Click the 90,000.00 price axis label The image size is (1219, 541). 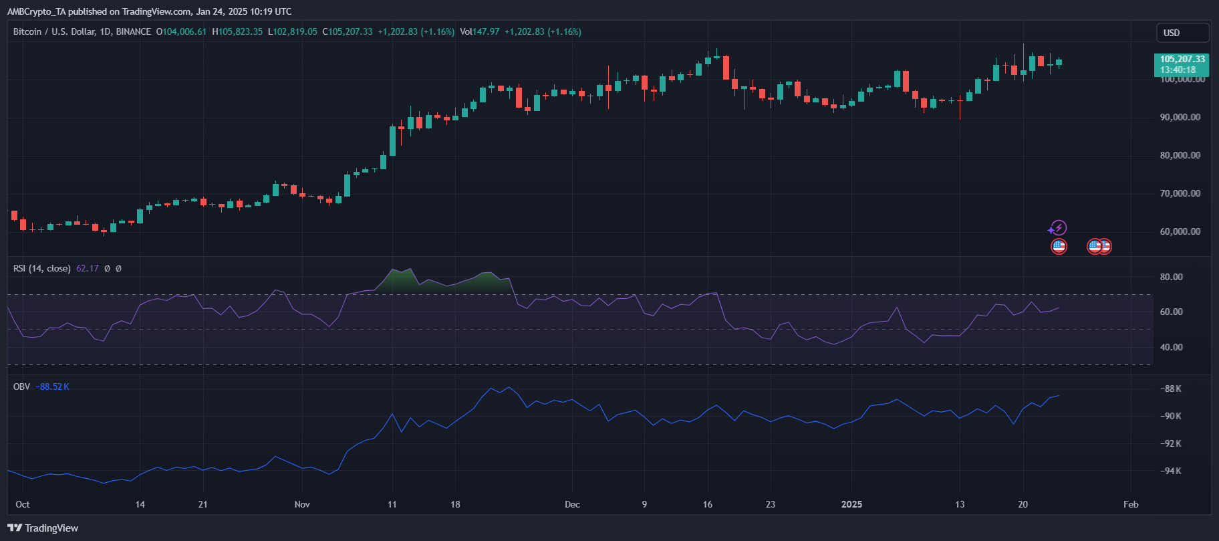(1180, 117)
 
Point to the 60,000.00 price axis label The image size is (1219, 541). (1180, 231)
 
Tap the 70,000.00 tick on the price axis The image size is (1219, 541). (1180, 193)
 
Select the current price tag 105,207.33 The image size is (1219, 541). (1182, 60)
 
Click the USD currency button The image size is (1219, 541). (1182, 33)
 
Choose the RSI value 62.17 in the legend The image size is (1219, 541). (88, 268)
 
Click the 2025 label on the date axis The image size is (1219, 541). (851, 504)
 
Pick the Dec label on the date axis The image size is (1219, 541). (572, 504)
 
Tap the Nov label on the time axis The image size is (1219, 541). (302, 504)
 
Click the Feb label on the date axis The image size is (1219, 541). (1131, 504)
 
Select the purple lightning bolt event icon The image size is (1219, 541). (1059, 227)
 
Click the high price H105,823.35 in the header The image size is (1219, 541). (237, 31)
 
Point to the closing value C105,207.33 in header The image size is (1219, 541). (348, 31)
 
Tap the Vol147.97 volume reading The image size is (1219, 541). (480, 31)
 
